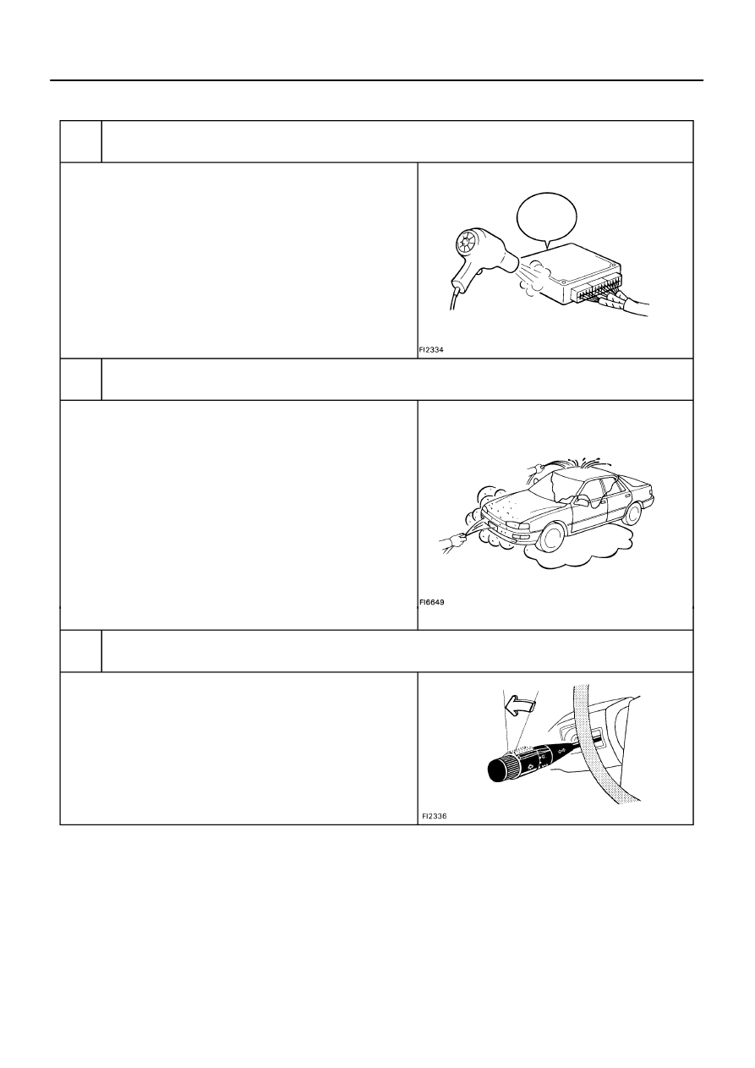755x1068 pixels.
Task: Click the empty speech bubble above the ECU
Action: coord(547,219)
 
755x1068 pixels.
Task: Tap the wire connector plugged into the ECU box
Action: coord(615,299)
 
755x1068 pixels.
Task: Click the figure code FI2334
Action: coord(431,350)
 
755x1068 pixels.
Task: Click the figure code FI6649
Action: coord(432,602)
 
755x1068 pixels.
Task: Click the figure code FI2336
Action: coord(435,816)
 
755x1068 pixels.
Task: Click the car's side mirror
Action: coord(580,500)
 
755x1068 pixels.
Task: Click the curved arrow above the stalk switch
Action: coord(521,705)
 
